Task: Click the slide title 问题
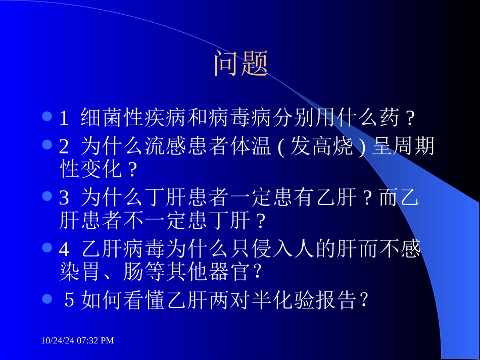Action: coord(241,64)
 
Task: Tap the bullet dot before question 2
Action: coord(47,145)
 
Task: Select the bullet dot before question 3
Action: coord(47,196)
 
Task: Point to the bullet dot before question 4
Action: coord(47,247)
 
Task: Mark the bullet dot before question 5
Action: coord(47,299)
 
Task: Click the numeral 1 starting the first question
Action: coord(64,119)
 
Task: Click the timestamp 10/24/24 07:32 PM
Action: coord(77,341)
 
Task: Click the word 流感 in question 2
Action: coord(175,146)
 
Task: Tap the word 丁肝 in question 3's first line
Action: coord(165,197)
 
